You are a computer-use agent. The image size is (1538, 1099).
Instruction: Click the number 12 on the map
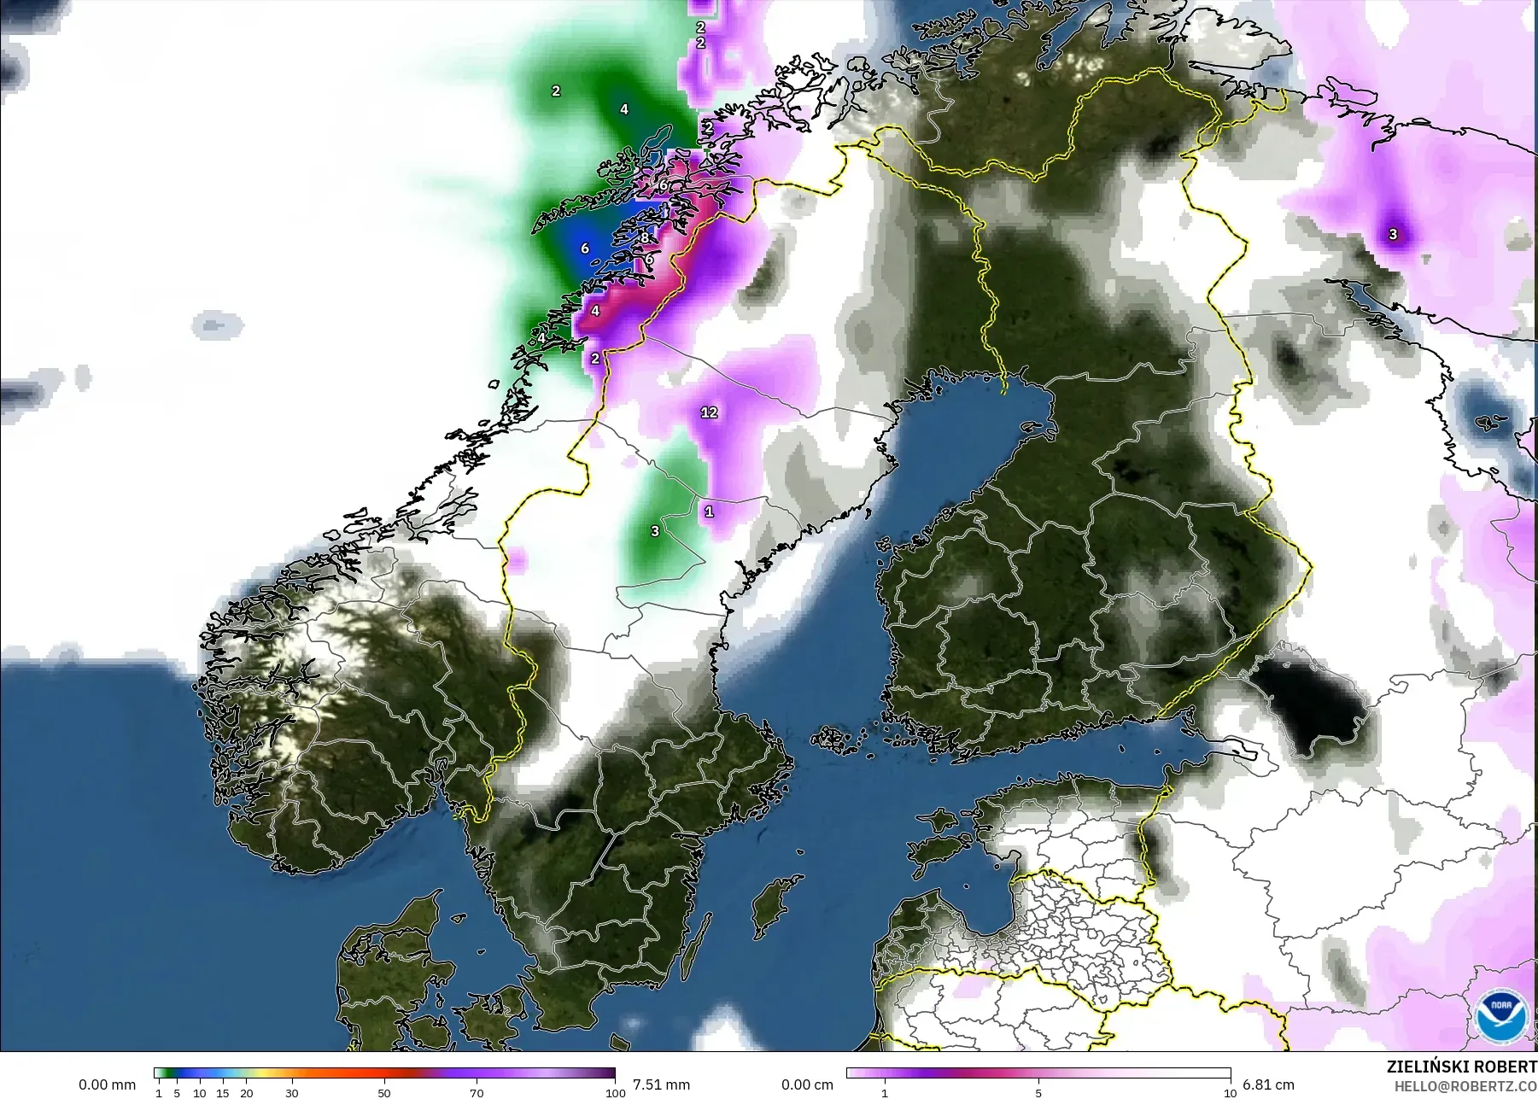(709, 412)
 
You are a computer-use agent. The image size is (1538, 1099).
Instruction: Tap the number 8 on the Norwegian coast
(646, 237)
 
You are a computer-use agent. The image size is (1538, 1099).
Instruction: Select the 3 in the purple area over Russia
(1393, 234)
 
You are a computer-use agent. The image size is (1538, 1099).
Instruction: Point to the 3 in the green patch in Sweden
(655, 531)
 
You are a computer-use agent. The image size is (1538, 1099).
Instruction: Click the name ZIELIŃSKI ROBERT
(1461, 1067)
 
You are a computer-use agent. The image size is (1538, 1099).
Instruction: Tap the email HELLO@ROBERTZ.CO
(1465, 1085)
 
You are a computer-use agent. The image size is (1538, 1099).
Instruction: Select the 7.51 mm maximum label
(661, 1084)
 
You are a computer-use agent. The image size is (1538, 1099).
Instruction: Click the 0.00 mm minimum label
(108, 1084)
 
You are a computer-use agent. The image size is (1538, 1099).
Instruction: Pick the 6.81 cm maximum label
(1268, 1084)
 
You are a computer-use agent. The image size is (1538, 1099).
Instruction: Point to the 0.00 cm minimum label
(807, 1084)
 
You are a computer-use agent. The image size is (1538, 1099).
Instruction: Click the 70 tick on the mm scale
(477, 1092)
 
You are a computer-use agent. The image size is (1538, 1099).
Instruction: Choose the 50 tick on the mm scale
(384, 1092)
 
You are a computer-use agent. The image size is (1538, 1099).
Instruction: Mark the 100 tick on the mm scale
(615, 1092)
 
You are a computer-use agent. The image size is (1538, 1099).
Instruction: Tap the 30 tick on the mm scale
(292, 1092)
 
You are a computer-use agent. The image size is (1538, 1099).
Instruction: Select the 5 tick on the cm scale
(1038, 1092)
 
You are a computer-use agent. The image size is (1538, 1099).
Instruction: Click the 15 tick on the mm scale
(223, 1092)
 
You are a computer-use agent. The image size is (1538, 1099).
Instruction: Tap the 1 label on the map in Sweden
(709, 512)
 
